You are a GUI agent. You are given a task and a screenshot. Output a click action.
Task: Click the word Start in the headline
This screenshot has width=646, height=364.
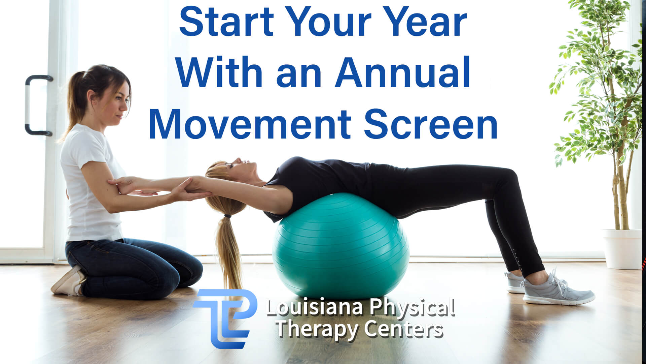point(226,22)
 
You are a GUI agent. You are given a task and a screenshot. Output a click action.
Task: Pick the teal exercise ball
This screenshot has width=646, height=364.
point(340,246)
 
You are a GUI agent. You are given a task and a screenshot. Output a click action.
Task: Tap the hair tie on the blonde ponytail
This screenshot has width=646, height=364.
point(228,215)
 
